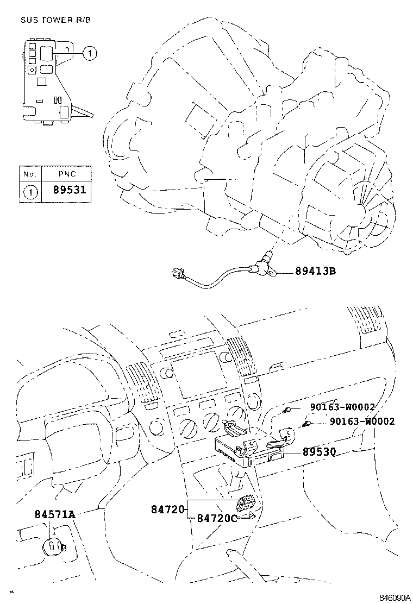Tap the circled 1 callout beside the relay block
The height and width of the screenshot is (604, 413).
pos(90,53)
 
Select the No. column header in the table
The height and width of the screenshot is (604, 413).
pos(30,174)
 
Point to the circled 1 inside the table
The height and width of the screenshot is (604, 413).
pos(30,191)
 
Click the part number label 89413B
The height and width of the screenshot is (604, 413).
pos(315,270)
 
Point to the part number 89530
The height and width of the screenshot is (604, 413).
pos(319,451)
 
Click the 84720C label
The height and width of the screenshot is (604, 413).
pos(217,518)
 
